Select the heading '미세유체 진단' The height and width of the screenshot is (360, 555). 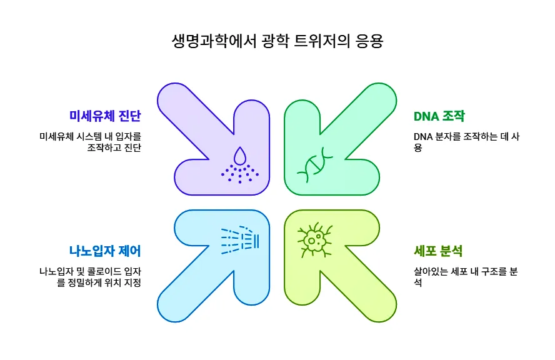[105, 116]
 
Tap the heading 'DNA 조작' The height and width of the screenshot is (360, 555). [439, 116]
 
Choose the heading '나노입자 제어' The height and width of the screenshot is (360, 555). [105, 251]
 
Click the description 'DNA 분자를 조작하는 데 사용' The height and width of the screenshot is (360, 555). [466, 142]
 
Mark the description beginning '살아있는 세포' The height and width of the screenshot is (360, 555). [466, 276]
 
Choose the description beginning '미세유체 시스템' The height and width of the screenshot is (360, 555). [90, 142]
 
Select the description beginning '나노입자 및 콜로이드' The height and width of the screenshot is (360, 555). [90, 276]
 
